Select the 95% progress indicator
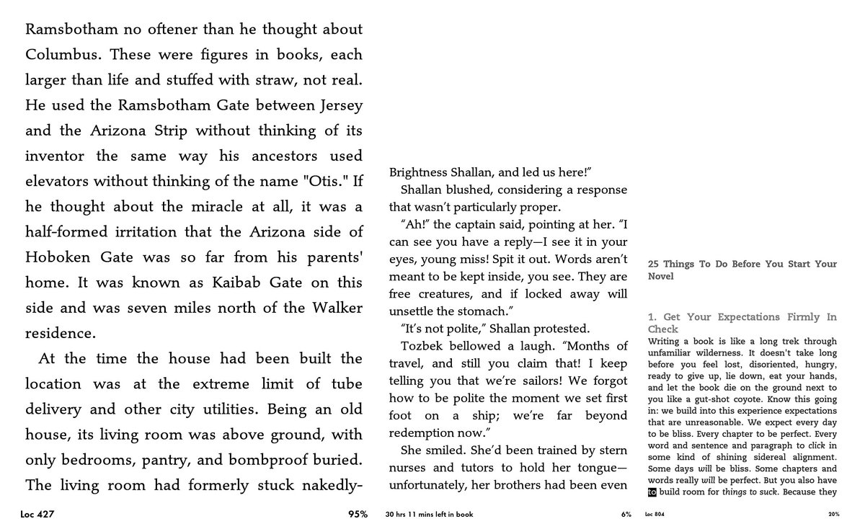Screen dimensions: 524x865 tap(358, 515)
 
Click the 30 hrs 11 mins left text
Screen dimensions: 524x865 tap(430, 515)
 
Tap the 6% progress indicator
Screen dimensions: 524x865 tap(626, 515)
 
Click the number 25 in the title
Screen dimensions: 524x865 tap(653, 265)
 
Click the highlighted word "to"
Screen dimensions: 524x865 tap(652, 493)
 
